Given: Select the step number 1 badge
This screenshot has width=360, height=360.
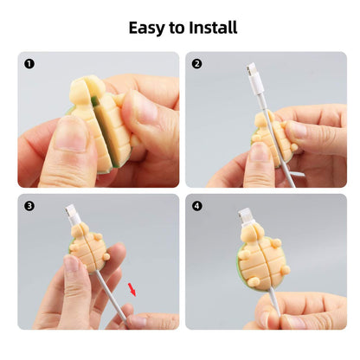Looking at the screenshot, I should [29, 63].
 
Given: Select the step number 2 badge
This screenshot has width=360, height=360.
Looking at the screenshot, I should [196, 63].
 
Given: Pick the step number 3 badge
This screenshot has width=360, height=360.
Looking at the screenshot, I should [29, 206].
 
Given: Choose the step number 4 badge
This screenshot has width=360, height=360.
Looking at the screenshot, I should [196, 206].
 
